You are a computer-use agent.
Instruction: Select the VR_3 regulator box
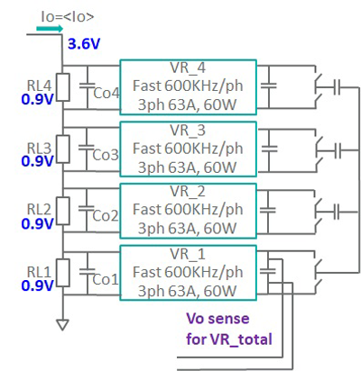coord(189,149)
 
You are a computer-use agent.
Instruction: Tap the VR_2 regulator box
coord(189,210)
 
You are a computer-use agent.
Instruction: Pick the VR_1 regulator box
coord(189,271)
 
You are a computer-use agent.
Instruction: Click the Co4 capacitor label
coord(106,94)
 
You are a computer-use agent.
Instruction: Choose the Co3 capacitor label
coord(106,155)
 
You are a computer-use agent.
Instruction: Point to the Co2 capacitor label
coord(106,216)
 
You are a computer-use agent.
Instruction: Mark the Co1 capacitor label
coord(106,278)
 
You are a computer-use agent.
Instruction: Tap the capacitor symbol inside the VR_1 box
coord(270,267)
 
